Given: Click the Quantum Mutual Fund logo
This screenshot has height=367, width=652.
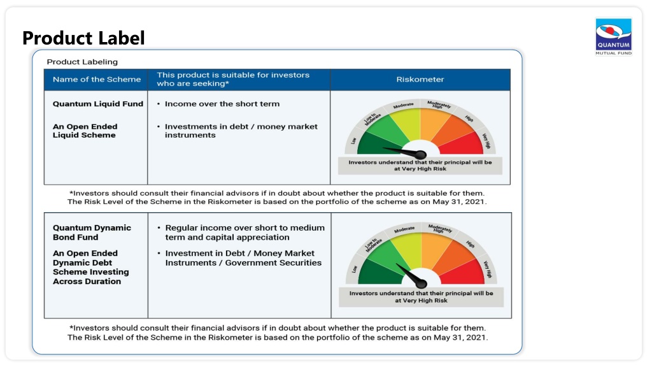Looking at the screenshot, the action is click(613, 36).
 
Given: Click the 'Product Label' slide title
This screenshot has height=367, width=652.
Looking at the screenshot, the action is click(83, 38).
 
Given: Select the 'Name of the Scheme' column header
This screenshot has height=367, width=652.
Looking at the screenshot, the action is click(97, 80).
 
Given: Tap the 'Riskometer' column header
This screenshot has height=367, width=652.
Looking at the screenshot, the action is click(420, 80).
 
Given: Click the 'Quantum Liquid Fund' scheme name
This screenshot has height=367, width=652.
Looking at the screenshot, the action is click(97, 104).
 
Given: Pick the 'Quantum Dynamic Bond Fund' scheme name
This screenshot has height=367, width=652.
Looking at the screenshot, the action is click(92, 233).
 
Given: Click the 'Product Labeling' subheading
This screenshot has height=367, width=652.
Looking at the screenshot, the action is click(82, 62).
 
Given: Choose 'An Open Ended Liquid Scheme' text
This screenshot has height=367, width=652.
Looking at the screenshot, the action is click(85, 131).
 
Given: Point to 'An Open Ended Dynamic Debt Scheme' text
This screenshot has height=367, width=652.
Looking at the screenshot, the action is click(90, 267).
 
